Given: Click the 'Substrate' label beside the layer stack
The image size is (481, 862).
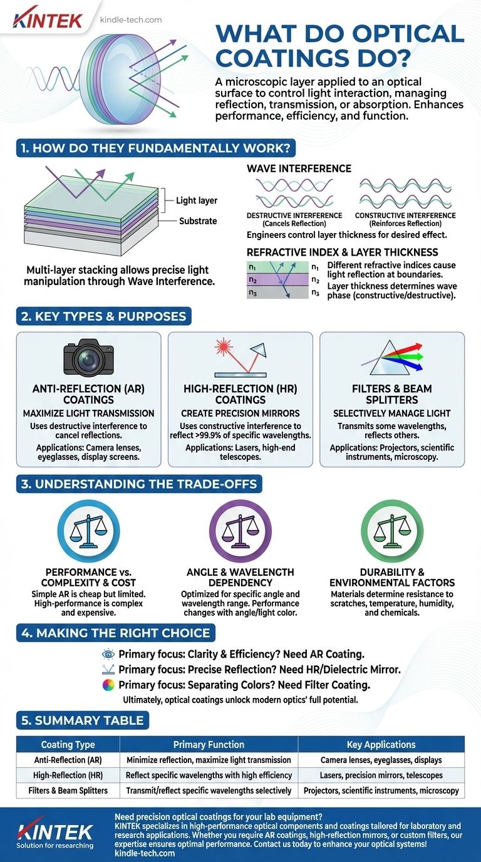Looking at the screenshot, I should tap(197, 221).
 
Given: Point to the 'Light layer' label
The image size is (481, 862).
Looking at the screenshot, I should tap(197, 200).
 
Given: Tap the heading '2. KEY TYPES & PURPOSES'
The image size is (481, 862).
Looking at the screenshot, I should tap(104, 316).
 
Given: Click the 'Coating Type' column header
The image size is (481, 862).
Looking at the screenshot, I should tap(68, 744).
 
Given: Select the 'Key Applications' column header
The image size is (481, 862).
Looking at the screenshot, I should tap(381, 744).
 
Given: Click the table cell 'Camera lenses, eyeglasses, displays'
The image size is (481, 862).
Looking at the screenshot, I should tap(381, 760).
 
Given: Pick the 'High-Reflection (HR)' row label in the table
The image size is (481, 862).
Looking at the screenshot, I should tap(68, 775).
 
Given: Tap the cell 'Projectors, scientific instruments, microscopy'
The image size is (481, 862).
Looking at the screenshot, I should tap(381, 791).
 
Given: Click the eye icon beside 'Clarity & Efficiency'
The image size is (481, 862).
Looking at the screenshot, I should tap(108, 654).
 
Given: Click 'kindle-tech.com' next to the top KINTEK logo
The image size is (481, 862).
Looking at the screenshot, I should tap(131, 19).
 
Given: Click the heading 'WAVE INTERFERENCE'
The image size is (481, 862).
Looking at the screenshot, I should tap(299, 169).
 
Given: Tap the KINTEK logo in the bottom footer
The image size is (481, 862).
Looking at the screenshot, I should tap(55, 831).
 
